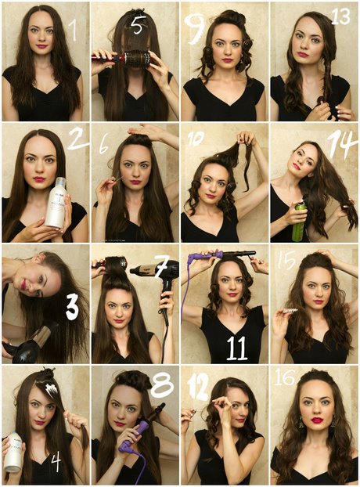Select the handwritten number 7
coord(162,268)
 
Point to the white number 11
coord(237,348)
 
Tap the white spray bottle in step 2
coord(57,202)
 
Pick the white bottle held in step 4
coord(13,452)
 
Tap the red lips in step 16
coord(318,420)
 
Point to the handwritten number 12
coord(198,389)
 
